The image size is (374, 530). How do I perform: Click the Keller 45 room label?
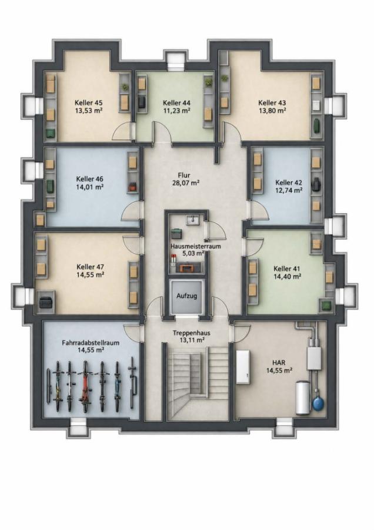click(x=89, y=102)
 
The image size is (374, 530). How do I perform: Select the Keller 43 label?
click(x=272, y=102)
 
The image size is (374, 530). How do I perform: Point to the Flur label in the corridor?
click(x=184, y=175)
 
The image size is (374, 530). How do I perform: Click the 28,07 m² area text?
click(x=184, y=183)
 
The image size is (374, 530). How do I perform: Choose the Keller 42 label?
click(x=289, y=183)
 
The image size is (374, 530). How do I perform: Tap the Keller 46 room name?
click(x=90, y=179)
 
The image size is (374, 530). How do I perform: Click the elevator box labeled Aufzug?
click(x=186, y=296)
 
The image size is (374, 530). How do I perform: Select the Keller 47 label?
click(x=90, y=267)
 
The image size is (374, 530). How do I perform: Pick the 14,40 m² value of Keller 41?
click(x=288, y=277)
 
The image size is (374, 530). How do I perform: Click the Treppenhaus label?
click(x=191, y=333)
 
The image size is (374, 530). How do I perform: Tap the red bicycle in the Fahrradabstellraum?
click(x=85, y=386)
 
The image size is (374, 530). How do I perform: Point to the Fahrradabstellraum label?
click(x=91, y=342)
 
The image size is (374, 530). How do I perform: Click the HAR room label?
click(x=279, y=362)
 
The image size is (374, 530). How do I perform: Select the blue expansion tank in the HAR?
click(x=318, y=403)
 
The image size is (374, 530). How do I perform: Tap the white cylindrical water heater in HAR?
click(x=303, y=398)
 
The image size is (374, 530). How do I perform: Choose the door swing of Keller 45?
click(x=122, y=132)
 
